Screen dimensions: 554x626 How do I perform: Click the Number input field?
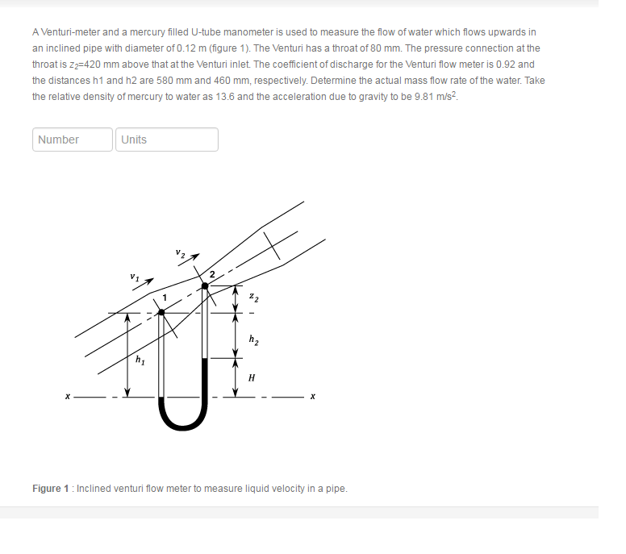click(73, 140)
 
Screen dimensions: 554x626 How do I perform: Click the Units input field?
click(166, 140)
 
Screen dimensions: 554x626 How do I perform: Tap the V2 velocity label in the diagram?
click(181, 253)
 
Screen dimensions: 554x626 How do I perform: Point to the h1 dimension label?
click(140, 359)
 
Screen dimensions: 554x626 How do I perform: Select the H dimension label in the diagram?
click(252, 377)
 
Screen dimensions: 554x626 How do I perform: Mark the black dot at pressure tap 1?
click(161, 312)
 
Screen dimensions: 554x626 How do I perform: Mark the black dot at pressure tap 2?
click(204, 285)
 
